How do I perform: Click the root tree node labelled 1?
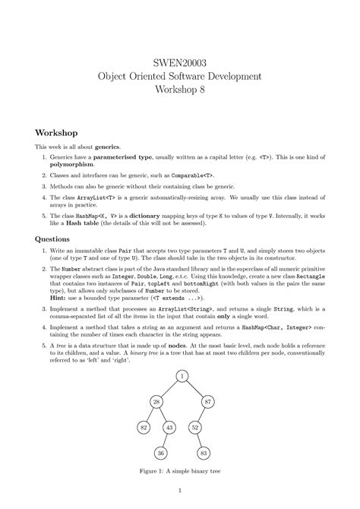coord(183,376)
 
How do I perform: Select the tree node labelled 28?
coord(156,402)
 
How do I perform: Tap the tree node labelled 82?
coord(143,427)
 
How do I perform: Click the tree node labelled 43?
coord(170,427)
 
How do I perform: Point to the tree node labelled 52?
coord(195,427)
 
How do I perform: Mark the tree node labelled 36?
coord(161,453)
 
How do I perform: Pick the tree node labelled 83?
coord(204,453)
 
